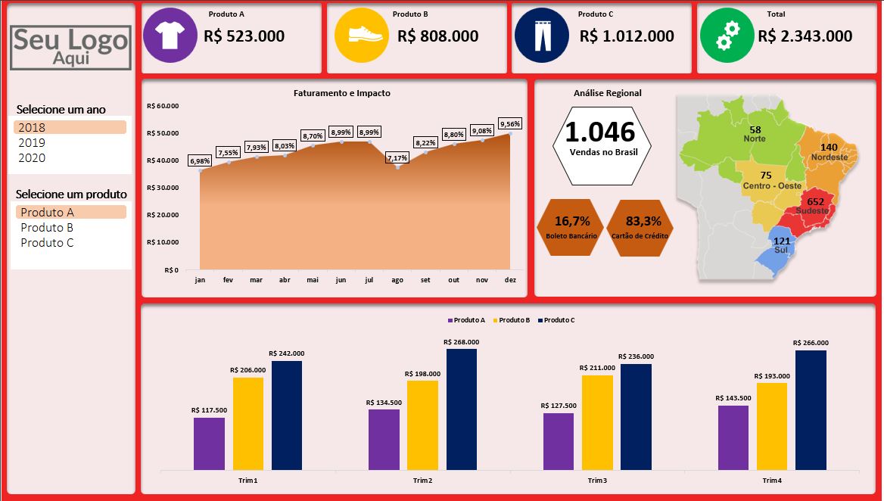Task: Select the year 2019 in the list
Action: pyautogui.click(x=32, y=143)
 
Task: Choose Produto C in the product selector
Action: pyautogui.click(x=47, y=243)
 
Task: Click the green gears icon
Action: pyautogui.click(x=726, y=35)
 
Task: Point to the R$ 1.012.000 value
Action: pyautogui.click(x=627, y=36)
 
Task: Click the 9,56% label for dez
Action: pyautogui.click(x=509, y=124)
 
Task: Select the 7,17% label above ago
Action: pyautogui.click(x=397, y=158)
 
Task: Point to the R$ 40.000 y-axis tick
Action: pyautogui.click(x=163, y=160)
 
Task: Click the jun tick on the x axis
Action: pyautogui.click(x=341, y=280)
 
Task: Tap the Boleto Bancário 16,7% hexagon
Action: pyautogui.click(x=571, y=228)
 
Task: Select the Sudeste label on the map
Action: pyautogui.click(x=812, y=211)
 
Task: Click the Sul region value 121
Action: pyautogui.click(x=781, y=241)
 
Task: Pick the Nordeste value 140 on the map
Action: pyautogui.click(x=829, y=148)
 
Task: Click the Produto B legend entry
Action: pyautogui.click(x=513, y=320)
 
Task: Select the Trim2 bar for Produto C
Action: pyautogui.click(x=462, y=409)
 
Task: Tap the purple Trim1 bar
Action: pyautogui.click(x=209, y=443)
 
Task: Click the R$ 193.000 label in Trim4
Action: pyautogui.click(x=771, y=376)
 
